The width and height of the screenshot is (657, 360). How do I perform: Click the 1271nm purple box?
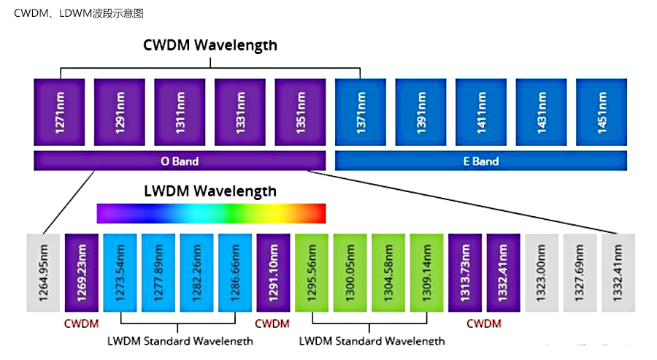60,112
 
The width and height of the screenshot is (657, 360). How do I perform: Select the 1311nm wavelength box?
180,112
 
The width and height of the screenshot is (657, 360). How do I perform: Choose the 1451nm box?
602,112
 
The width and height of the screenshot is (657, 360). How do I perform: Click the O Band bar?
180,161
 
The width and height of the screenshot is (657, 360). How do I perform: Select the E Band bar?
480,161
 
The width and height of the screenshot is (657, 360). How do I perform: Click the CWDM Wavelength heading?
210,45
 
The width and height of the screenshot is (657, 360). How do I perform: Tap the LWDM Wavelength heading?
210,191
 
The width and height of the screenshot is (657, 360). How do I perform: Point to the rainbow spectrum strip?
211,213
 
